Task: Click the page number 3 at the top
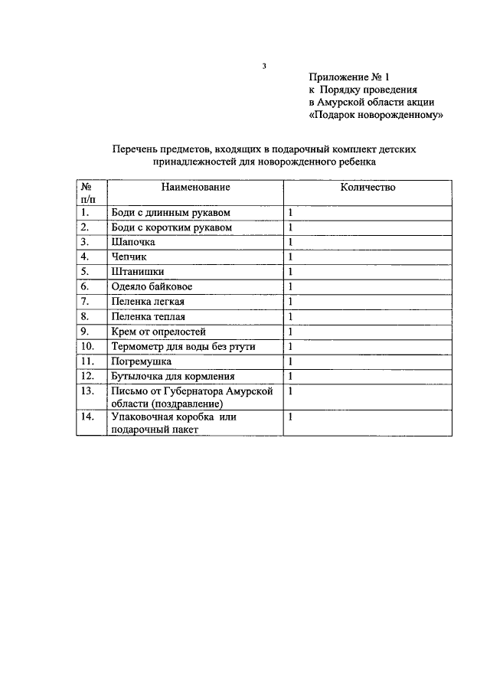pos(263,67)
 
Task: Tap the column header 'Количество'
pos(367,188)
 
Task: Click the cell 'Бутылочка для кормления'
pos(172,377)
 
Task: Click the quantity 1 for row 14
pos(291,418)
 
